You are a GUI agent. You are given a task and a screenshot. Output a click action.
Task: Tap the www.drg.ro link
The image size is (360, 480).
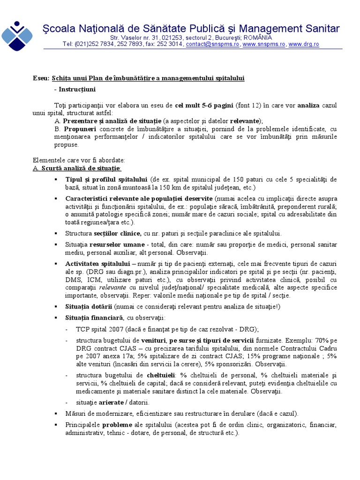(x=304, y=44)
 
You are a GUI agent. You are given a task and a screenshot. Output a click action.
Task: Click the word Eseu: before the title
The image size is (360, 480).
(x=41, y=78)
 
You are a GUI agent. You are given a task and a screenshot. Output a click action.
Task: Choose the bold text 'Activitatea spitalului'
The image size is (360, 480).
(x=97, y=264)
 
